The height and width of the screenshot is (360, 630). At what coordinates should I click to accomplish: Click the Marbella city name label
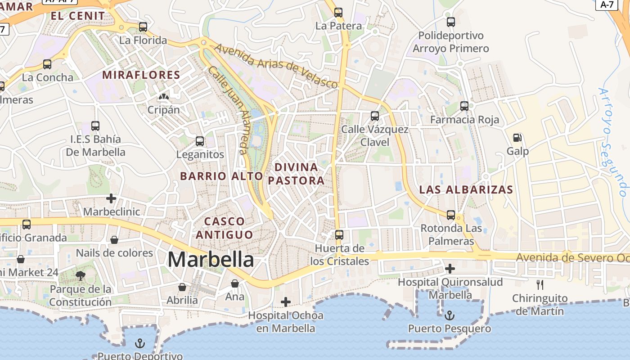click(x=211, y=260)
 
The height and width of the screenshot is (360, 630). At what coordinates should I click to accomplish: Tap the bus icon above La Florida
click(x=143, y=27)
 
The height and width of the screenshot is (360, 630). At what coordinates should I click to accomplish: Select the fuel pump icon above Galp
click(x=517, y=138)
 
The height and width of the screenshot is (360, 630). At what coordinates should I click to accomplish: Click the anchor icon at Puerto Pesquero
click(x=450, y=315)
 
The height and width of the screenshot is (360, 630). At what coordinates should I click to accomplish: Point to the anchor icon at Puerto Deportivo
click(x=140, y=344)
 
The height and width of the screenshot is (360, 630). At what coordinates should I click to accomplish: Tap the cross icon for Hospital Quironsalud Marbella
click(x=450, y=269)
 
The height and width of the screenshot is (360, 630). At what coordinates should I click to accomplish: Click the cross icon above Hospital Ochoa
click(x=285, y=302)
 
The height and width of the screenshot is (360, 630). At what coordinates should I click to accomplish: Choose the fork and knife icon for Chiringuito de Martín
click(x=540, y=284)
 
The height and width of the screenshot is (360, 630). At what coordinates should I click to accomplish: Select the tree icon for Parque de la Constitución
click(x=81, y=276)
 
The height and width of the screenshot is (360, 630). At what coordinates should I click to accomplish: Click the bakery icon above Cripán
click(x=164, y=96)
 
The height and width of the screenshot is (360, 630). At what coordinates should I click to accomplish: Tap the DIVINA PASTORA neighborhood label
click(x=296, y=174)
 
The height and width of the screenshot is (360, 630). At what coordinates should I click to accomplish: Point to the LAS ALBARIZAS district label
click(x=466, y=189)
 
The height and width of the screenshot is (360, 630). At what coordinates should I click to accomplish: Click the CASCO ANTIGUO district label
click(x=224, y=228)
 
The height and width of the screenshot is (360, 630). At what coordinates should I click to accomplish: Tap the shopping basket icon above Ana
click(x=234, y=283)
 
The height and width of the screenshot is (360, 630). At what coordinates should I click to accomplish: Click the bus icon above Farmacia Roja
click(x=464, y=107)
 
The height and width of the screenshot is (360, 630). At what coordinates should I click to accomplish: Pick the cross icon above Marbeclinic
click(x=111, y=198)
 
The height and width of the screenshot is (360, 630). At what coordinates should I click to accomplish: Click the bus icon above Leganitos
click(x=200, y=141)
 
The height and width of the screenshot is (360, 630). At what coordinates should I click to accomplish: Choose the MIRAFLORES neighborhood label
click(x=141, y=75)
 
